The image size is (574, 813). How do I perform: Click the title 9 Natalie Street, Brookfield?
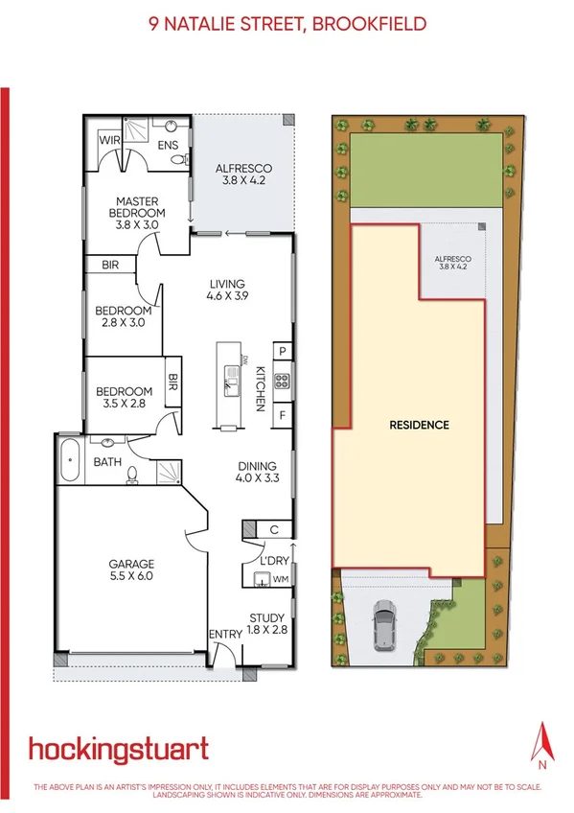[287, 24]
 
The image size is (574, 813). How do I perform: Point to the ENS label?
[168, 146]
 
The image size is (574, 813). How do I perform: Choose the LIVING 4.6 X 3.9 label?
[226, 290]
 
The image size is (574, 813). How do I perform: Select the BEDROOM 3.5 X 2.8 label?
[124, 398]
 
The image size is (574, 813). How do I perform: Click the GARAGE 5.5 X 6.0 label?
[130, 570]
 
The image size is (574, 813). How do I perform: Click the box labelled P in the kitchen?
[283, 351]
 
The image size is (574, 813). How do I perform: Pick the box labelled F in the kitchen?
[283, 416]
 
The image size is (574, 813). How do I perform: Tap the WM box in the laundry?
[281, 579]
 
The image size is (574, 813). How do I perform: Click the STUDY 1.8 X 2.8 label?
[267, 623]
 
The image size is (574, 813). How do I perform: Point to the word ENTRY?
[226, 635]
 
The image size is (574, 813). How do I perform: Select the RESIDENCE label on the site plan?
[418, 424]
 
